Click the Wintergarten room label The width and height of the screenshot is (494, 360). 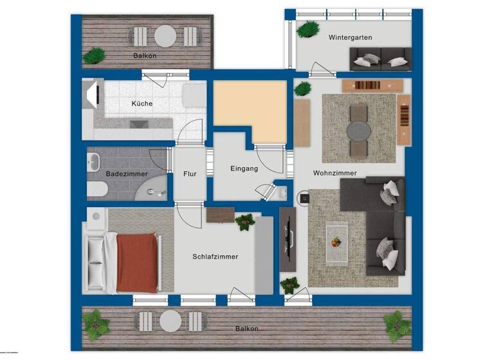click(x=350, y=38)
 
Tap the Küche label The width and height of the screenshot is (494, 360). click(x=142, y=104)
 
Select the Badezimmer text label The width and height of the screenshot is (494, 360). click(x=127, y=174)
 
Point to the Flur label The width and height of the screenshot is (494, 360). click(x=190, y=174)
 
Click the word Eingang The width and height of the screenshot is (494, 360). click(x=244, y=169)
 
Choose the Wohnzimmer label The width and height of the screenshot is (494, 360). click(x=334, y=174)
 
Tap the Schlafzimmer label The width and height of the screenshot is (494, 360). click(x=215, y=256)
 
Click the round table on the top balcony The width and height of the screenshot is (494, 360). click(x=165, y=35)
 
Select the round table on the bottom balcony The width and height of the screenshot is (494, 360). click(x=170, y=321)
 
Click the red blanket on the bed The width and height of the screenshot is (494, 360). click(x=137, y=262)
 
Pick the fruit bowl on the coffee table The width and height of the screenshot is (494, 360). click(x=336, y=242)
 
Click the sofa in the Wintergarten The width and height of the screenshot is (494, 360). click(x=380, y=60)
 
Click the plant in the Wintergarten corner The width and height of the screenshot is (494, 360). click(x=308, y=29)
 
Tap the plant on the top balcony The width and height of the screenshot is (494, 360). click(x=95, y=55)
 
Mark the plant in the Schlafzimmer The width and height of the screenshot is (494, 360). click(x=244, y=222)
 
